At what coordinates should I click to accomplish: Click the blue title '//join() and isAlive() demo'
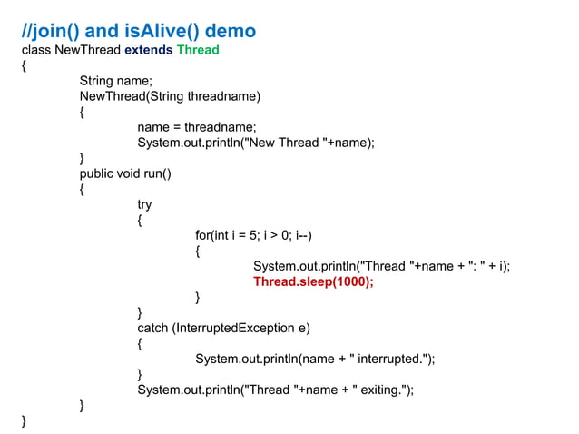(x=138, y=32)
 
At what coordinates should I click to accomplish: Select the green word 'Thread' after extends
(x=198, y=50)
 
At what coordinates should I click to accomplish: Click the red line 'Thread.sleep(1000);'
(x=313, y=281)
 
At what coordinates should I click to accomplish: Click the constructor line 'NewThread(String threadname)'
(x=170, y=96)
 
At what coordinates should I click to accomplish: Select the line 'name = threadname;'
(x=197, y=127)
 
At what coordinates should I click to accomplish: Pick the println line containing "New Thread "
(x=256, y=143)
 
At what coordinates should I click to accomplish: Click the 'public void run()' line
(x=125, y=173)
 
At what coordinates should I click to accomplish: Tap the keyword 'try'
(x=144, y=204)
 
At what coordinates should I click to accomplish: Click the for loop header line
(x=255, y=235)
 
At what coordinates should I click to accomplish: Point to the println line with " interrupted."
(x=315, y=359)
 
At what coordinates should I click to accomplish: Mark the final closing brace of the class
(x=25, y=420)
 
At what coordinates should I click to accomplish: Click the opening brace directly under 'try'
(x=140, y=220)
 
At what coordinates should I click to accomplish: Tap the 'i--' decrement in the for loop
(x=302, y=235)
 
